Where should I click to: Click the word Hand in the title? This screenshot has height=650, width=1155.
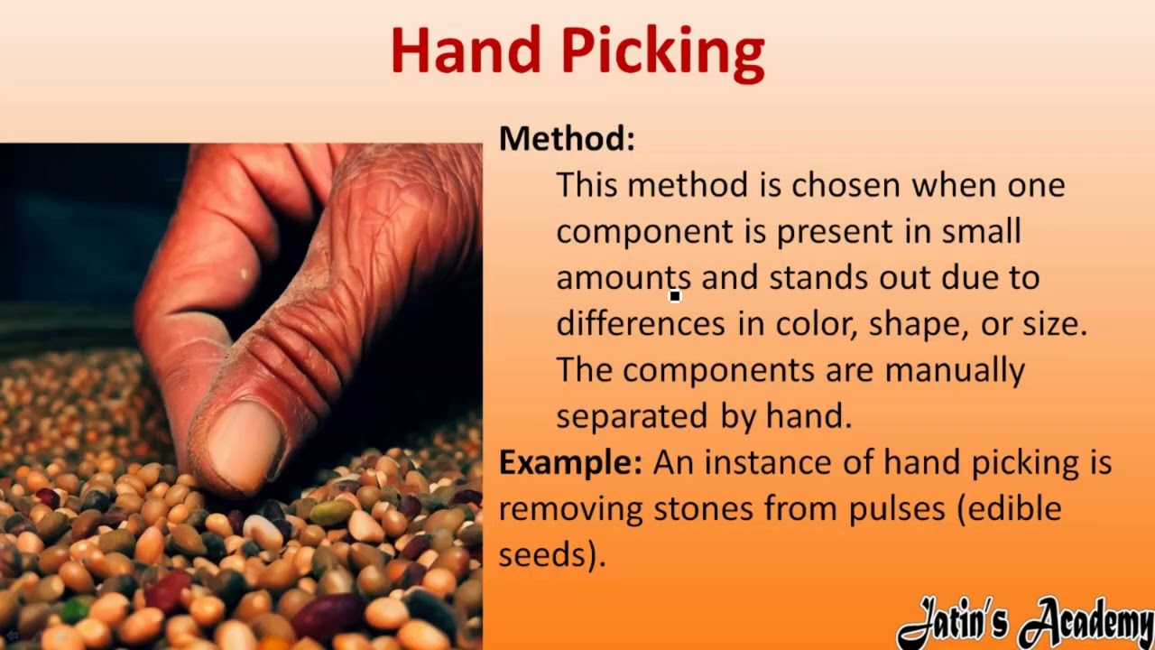[468, 51]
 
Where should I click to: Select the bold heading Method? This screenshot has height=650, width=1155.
[567, 138]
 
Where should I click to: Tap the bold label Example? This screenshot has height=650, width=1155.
[570, 462]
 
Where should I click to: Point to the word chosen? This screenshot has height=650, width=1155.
[845, 185]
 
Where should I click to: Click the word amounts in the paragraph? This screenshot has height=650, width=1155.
[624, 277]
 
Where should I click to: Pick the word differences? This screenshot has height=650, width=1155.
[640, 323]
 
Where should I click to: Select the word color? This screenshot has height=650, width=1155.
[815, 324]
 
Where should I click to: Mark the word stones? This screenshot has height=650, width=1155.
[704, 508]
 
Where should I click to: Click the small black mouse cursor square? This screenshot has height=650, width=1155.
[674, 295]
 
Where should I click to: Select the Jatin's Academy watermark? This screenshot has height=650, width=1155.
[1025, 623]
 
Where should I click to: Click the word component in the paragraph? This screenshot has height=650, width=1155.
[644, 232]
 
